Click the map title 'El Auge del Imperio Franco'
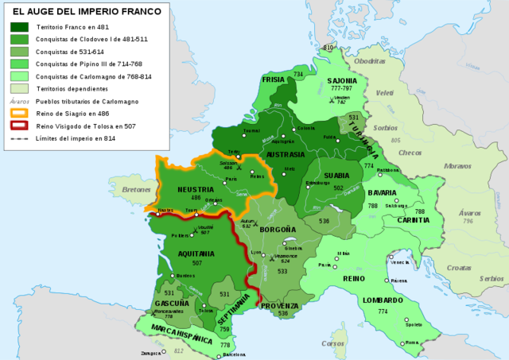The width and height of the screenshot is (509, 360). [x=85, y=12]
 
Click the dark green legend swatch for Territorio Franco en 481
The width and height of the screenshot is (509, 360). [x=20, y=26]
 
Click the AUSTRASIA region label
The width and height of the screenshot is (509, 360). [x=286, y=153]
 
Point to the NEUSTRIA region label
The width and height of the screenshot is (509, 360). [x=196, y=188]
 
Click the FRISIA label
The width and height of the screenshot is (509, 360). [x=273, y=79]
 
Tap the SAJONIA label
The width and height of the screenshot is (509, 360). [x=342, y=80]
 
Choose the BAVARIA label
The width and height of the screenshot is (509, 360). [x=382, y=192]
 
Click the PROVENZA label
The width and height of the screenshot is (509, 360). [x=279, y=305]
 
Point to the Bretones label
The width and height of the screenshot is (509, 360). [x=138, y=190]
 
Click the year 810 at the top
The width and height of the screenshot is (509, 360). [x=327, y=48]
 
